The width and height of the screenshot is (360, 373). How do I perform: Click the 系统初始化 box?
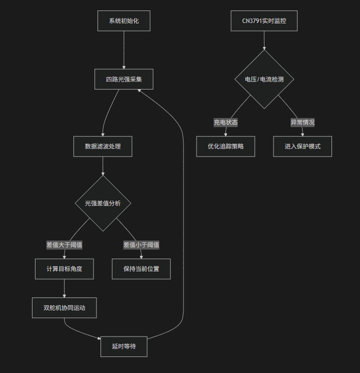123,21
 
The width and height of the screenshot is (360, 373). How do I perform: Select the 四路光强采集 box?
123,79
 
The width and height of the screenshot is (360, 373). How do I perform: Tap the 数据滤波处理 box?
102,146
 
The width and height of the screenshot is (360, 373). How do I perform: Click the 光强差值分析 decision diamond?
102,203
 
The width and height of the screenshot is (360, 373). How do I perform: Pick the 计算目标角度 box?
64,269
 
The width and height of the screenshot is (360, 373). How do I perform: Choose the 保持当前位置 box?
141,269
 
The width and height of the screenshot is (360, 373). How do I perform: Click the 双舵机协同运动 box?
64,308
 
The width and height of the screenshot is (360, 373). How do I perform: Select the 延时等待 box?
123,346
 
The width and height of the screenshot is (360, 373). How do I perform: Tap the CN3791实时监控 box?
264,21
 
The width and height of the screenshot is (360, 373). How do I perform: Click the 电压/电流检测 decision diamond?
264,79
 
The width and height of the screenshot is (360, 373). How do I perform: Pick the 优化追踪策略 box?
225,146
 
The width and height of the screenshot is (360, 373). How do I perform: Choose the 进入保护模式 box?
302,146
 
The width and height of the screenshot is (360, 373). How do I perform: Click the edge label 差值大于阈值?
64,245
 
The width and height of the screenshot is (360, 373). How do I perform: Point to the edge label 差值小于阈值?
141,245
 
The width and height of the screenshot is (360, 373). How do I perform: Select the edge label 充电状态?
225,122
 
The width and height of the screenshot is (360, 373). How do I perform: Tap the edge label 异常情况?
302,122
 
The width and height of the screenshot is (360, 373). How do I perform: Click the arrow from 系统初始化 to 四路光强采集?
123,50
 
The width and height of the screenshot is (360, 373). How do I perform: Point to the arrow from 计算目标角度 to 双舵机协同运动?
64,288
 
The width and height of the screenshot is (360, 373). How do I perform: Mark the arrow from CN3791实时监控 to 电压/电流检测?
264,40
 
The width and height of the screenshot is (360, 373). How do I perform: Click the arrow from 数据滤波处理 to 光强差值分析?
102,166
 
